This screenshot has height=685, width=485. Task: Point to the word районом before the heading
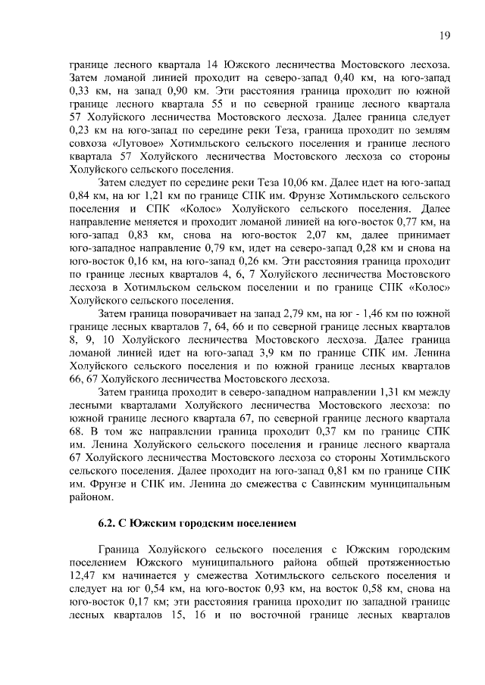tap(91, 497)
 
